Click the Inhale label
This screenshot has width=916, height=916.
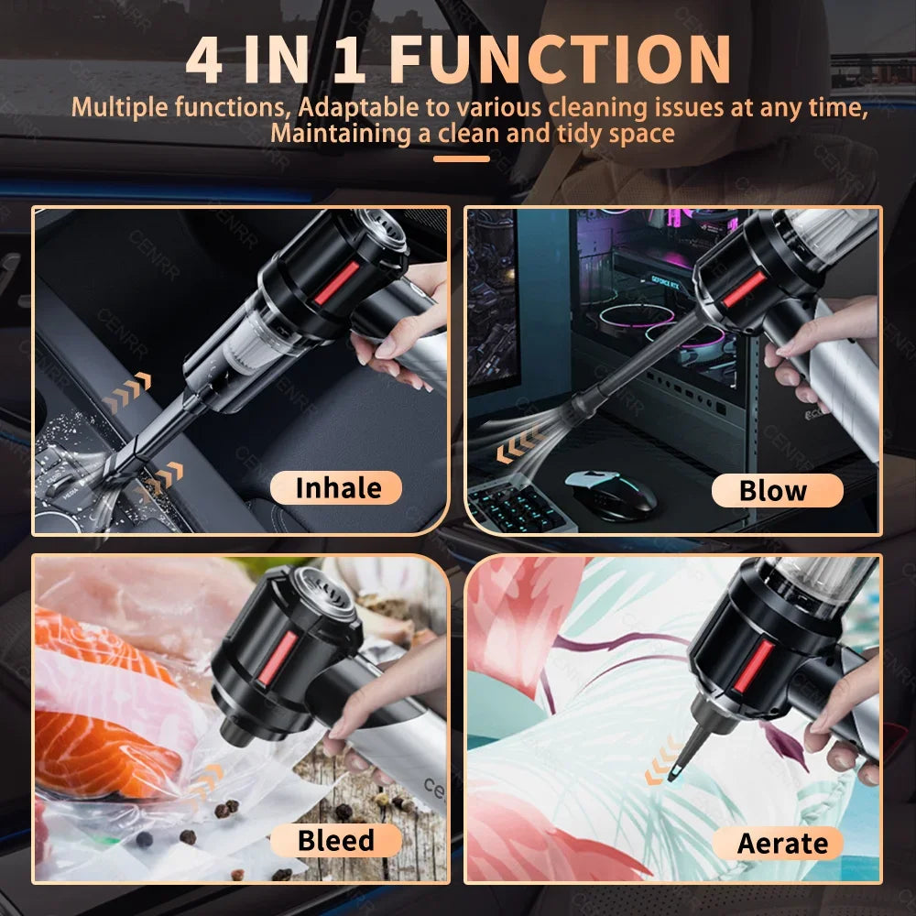tap(336, 488)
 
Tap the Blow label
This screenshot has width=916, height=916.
tap(776, 491)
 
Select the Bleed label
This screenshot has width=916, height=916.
tap(336, 840)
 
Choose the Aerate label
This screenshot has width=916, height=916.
tap(781, 843)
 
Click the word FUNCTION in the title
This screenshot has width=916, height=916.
tap(561, 60)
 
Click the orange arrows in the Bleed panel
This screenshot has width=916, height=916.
tap(207, 780)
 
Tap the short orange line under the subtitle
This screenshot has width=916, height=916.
tap(461, 158)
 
